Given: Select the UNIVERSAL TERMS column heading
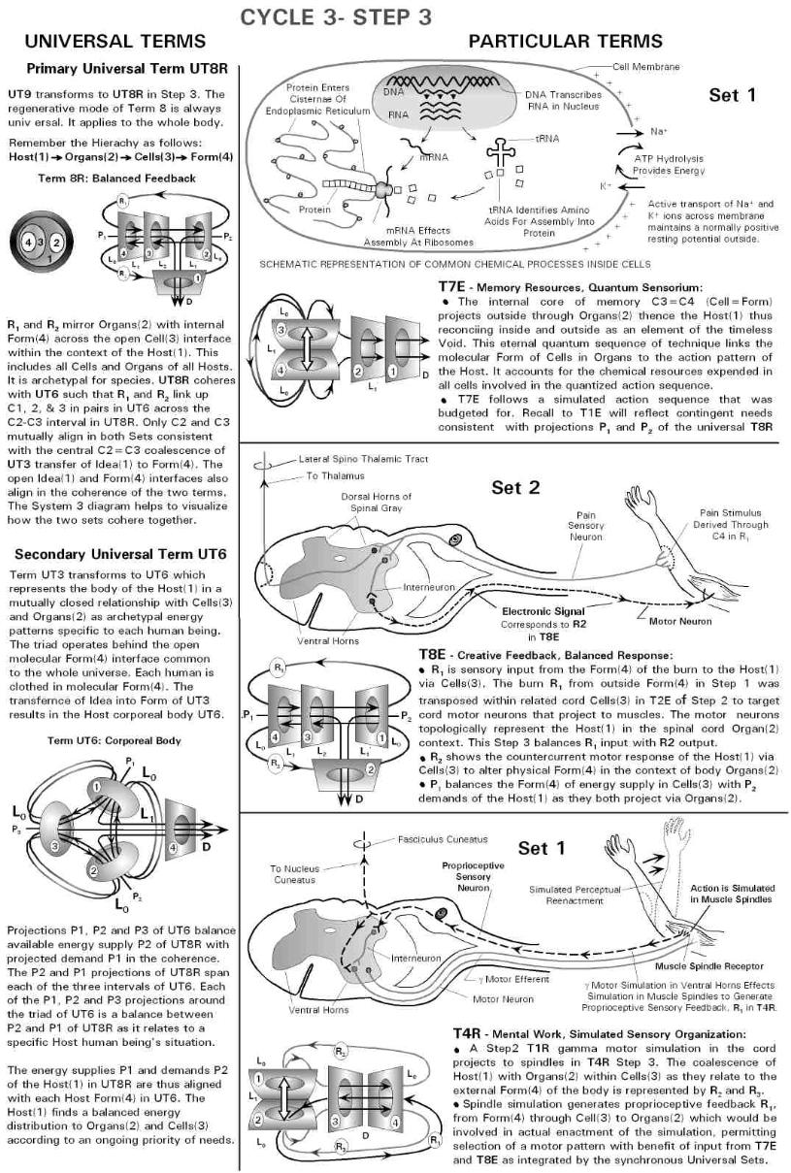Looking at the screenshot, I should (115, 42).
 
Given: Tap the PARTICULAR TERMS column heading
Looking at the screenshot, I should (566, 42).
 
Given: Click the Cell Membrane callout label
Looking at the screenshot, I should (646, 66).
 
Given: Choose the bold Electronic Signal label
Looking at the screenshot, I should (544, 612).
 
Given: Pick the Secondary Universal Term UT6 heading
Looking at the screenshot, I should (121, 554).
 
